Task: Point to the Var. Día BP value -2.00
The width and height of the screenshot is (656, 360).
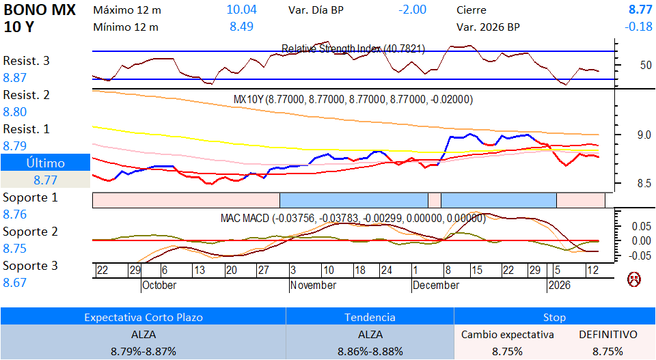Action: coord(412,10)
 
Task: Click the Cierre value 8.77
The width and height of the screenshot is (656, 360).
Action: coord(640,10)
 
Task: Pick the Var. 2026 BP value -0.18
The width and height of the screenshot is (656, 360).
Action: coord(638,27)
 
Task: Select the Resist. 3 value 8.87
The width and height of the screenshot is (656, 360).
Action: coord(15,78)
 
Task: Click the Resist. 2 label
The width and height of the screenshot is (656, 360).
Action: coord(26,95)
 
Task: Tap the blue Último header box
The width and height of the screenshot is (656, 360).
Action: coord(45,163)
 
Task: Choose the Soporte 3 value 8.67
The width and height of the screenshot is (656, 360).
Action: coord(15,283)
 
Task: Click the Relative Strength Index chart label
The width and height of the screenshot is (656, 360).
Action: coord(353,49)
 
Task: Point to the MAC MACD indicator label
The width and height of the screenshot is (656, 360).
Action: coord(353,219)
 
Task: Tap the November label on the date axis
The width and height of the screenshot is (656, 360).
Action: coord(313,285)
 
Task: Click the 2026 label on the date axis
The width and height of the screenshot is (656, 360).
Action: coord(560,285)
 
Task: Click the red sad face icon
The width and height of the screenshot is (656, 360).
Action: coord(634,279)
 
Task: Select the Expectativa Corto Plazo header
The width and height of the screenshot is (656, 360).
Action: coord(143,318)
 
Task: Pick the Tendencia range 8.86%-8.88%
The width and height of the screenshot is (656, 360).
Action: coord(370,351)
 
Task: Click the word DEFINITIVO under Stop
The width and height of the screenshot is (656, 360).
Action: coord(607,335)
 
